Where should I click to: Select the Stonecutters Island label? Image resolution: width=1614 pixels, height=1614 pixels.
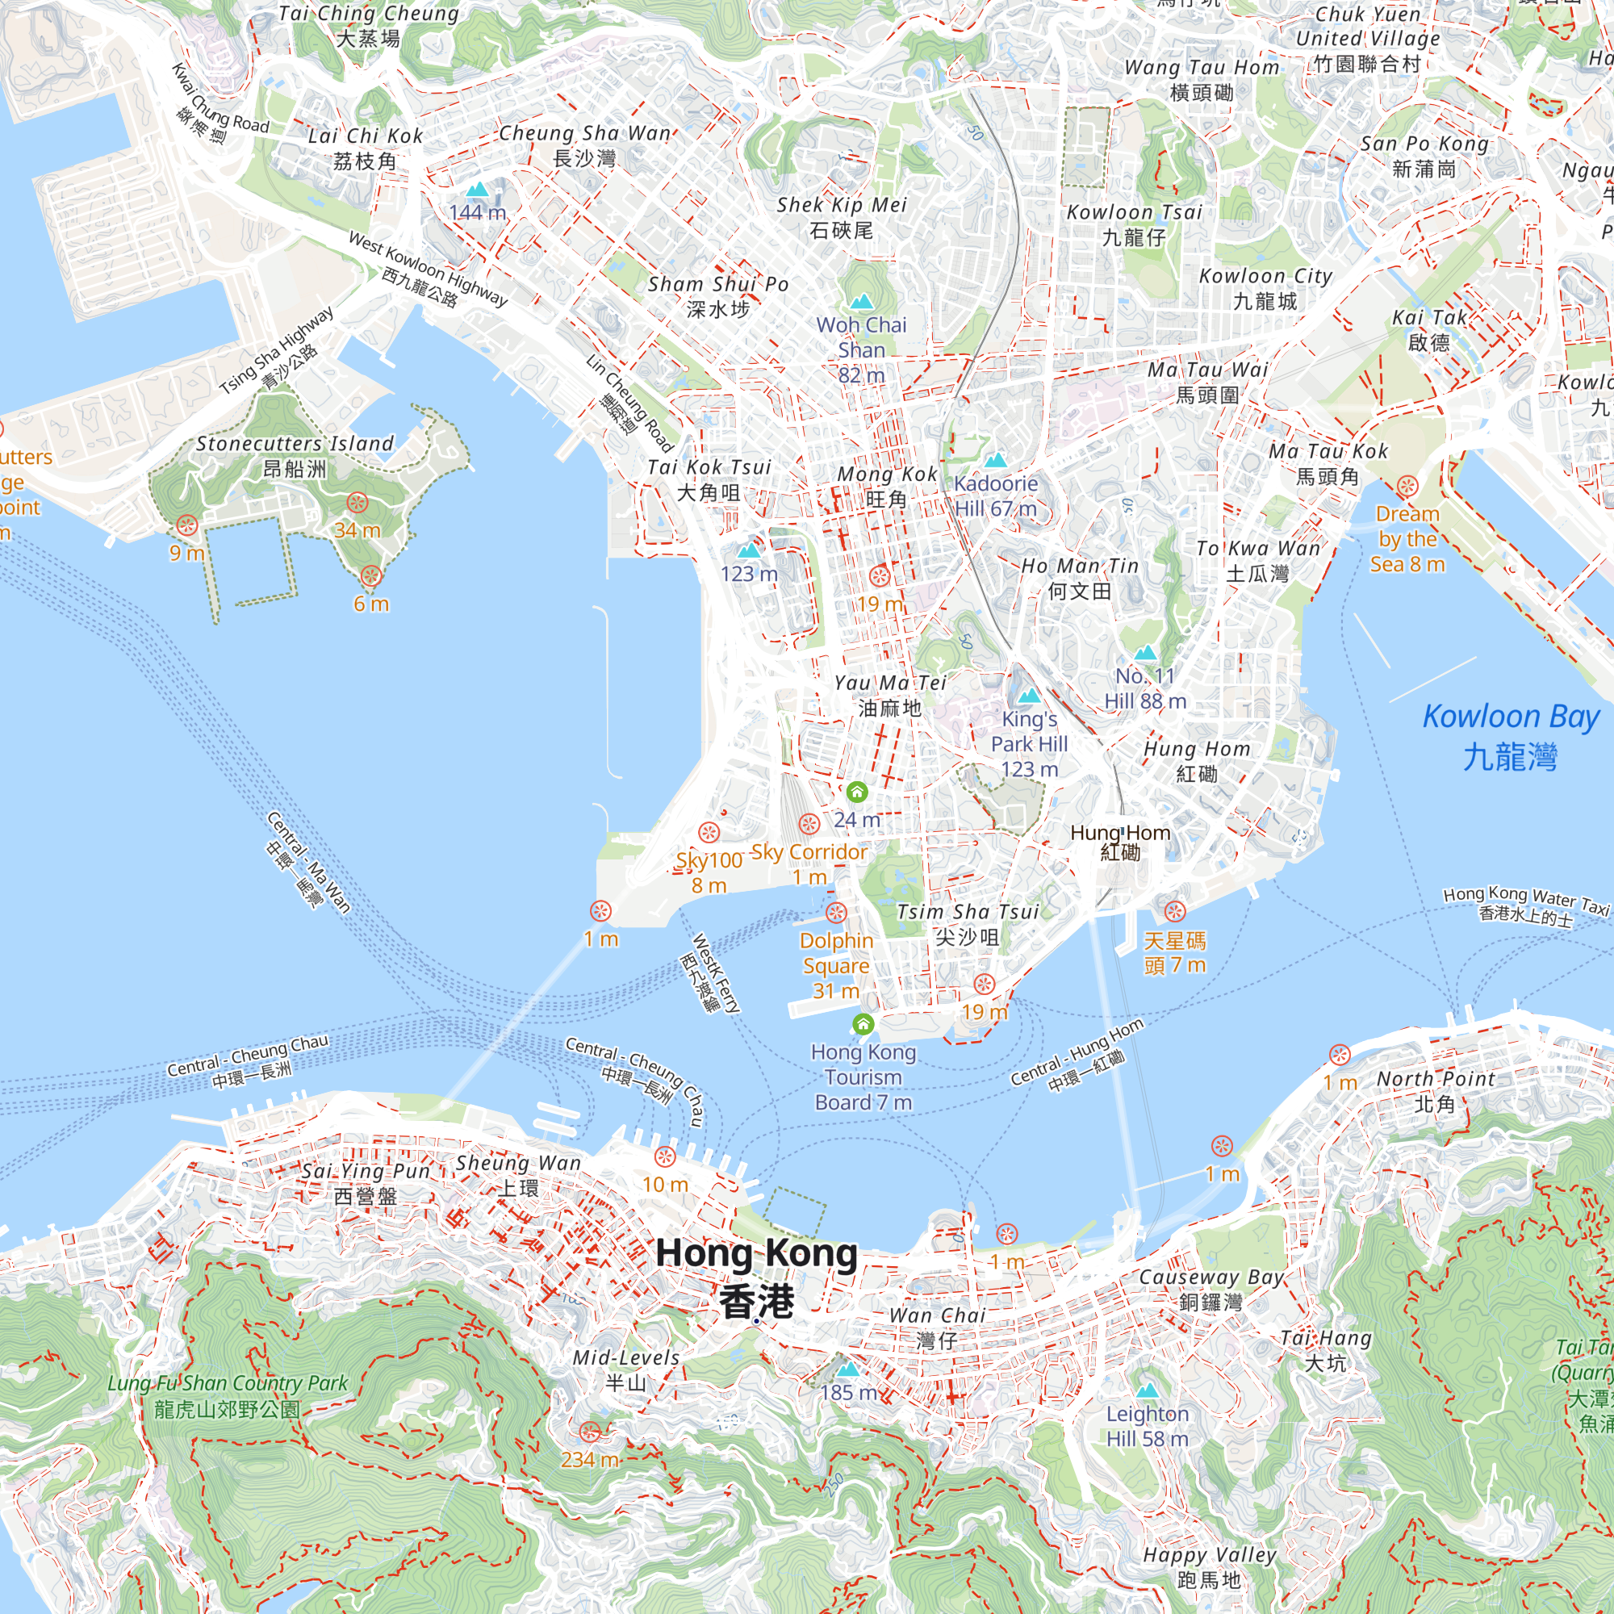(294, 455)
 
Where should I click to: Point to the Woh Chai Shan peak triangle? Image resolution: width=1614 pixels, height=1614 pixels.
(860, 301)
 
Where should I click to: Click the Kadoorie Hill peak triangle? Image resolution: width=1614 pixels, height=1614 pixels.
(995, 460)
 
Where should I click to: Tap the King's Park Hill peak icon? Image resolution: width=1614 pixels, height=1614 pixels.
(1029, 696)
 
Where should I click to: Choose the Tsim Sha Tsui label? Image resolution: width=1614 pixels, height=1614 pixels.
(968, 923)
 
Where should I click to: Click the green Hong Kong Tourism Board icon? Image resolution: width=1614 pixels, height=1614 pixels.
(863, 1023)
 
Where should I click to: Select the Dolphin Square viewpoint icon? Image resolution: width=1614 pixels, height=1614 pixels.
(836, 913)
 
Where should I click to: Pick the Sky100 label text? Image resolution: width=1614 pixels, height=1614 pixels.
(709, 860)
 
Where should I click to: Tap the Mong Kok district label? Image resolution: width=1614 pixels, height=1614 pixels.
(887, 486)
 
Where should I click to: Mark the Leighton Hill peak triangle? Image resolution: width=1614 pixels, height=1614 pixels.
(1147, 1390)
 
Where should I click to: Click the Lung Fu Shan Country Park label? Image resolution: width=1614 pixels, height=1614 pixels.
(228, 1395)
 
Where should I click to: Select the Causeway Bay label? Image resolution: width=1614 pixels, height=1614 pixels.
(1211, 1289)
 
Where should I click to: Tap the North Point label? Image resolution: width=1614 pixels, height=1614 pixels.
(1435, 1091)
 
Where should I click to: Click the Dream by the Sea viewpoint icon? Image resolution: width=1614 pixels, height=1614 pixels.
(1407, 486)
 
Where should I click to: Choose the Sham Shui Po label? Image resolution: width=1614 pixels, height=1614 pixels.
(718, 296)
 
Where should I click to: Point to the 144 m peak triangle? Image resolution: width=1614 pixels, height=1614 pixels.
(477, 190)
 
